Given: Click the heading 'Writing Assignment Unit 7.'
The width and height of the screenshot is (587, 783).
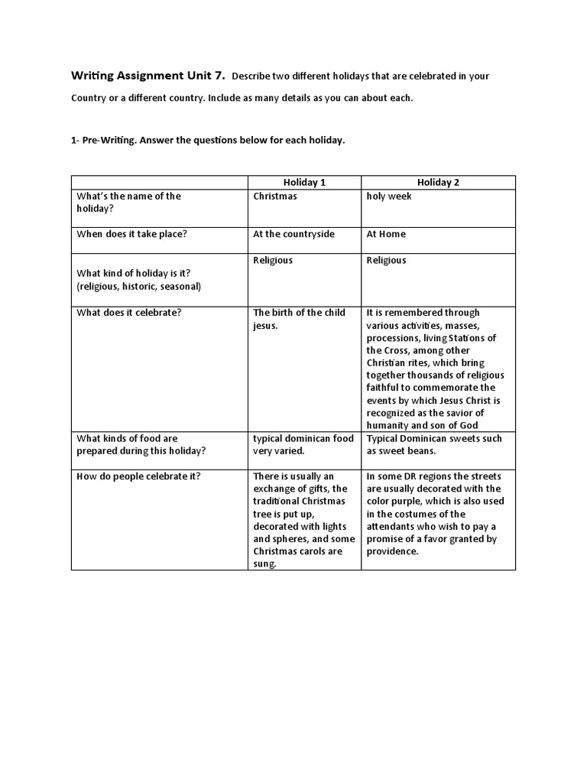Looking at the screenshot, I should tap(148, 76).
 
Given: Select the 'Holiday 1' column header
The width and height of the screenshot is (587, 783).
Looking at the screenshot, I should tap(304, 183).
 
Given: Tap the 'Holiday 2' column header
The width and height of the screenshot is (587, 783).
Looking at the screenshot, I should tap(438, 183).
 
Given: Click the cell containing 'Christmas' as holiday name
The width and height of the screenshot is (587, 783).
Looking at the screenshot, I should tap(275, 197).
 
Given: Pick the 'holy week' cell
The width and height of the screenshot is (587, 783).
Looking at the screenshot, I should tap(389, 197).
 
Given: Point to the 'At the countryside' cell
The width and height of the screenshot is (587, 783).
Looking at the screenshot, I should tap(294, 235).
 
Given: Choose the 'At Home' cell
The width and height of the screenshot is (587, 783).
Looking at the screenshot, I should tap(386, 235).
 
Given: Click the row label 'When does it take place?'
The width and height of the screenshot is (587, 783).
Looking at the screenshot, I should tap(131, 235).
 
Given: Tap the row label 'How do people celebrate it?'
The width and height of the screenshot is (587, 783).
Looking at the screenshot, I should tap(138, 476).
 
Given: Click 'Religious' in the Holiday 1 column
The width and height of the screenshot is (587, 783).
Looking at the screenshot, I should tap(273, 261).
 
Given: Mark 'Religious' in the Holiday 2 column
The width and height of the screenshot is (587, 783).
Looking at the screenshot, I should tap(386, 261).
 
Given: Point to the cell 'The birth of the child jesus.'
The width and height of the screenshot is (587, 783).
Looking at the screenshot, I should tap(299, 319).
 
